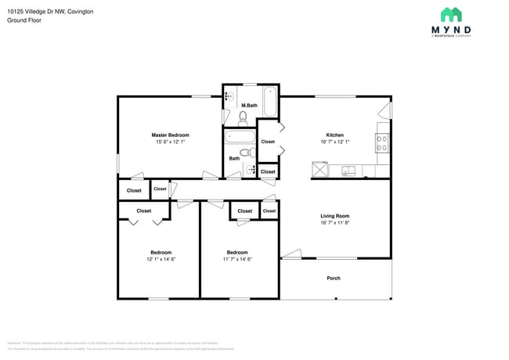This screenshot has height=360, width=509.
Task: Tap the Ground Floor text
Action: tap(23, 20)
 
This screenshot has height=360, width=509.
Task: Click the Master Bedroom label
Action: tap(170, 135)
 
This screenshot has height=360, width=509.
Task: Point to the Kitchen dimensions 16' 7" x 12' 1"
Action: tap(334, 142)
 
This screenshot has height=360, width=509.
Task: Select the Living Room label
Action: tap(334, 215)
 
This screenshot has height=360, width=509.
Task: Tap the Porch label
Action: tap(334, 278)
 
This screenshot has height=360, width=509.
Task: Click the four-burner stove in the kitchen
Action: tap(383, 142)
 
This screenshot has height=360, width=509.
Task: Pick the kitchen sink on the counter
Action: tap(348, 170)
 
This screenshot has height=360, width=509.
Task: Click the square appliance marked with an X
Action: tap(319, 169)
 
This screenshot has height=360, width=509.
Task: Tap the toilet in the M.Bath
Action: tap(244, 118)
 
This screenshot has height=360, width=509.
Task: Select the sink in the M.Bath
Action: tap(229, 96)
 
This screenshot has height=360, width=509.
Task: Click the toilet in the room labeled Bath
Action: tap(247, 153)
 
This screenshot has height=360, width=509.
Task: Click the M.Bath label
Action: tap(249, 105)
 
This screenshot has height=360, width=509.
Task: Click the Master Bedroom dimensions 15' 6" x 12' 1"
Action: tap(170, 142)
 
